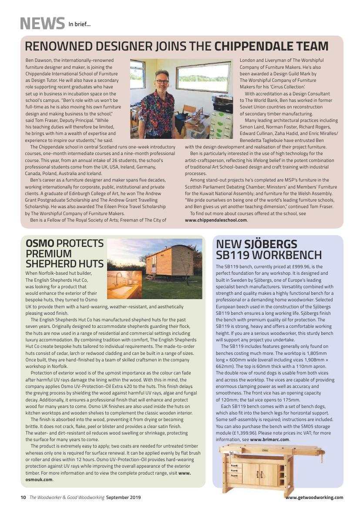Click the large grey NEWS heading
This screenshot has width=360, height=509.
(42, 23)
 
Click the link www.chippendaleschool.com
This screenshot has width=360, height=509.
(216, 220)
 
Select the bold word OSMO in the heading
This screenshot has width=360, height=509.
(40, 243)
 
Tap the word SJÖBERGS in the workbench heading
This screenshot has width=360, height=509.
(269, 244)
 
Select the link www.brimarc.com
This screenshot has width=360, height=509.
(269, 439)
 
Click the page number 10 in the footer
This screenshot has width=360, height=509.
(23, 497)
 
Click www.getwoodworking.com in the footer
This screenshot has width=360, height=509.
(314, 497)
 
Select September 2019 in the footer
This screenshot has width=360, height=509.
(123, 497)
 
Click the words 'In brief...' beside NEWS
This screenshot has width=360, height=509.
(79, 24)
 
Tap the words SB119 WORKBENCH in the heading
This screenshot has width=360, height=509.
(269, 255)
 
